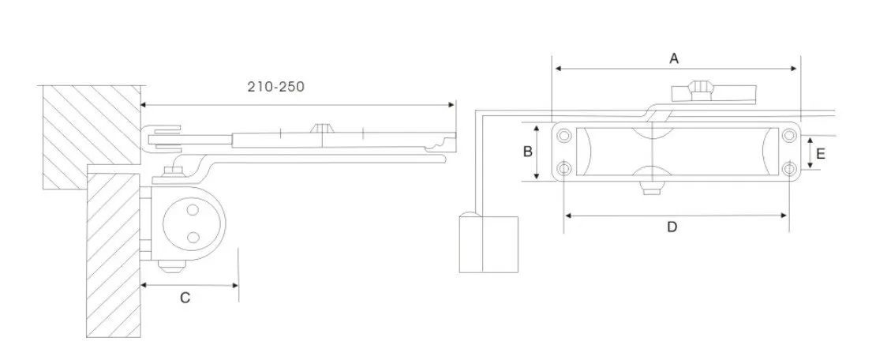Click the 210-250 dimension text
[x=276, y=87]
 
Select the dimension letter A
[x=674, y=58]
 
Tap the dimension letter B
[x=527, y=152]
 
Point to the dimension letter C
[x=185, y=298]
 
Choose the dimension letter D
[x=672, y=227]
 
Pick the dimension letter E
[x=820, y=154]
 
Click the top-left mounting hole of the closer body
[x=565, y=135]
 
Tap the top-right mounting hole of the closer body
[x=789, y=135]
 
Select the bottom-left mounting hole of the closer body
[x=565, y=168]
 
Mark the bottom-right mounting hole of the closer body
[x=789, y=168]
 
